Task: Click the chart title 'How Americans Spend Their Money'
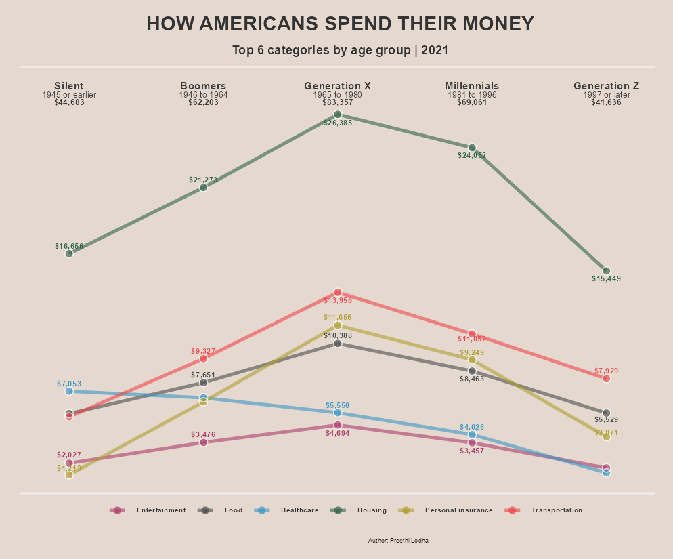click(x=340, y=24)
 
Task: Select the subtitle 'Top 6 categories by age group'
click(x=340, y=50)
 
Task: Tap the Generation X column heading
click(x=337, y=86)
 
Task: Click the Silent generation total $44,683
click(x=69, y=103)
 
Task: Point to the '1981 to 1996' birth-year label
click(x=472, y=95)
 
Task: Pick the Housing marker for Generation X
click(x=337, y=115)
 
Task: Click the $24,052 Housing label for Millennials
click(x=472, y=156)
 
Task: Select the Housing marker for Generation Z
click(x=606, y=271)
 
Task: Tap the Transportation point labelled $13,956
click(x=337, y=293)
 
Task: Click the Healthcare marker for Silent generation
click(x=69, y=391)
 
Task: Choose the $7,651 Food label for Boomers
click(x=203, y=375)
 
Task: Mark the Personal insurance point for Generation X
click(x=337, y=325)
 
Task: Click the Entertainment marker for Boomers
click(x=203, y=442)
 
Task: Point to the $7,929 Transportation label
click(x=606, y=371)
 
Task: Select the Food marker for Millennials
click(x=472, y=371)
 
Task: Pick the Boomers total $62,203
click(x=203, y=103)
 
